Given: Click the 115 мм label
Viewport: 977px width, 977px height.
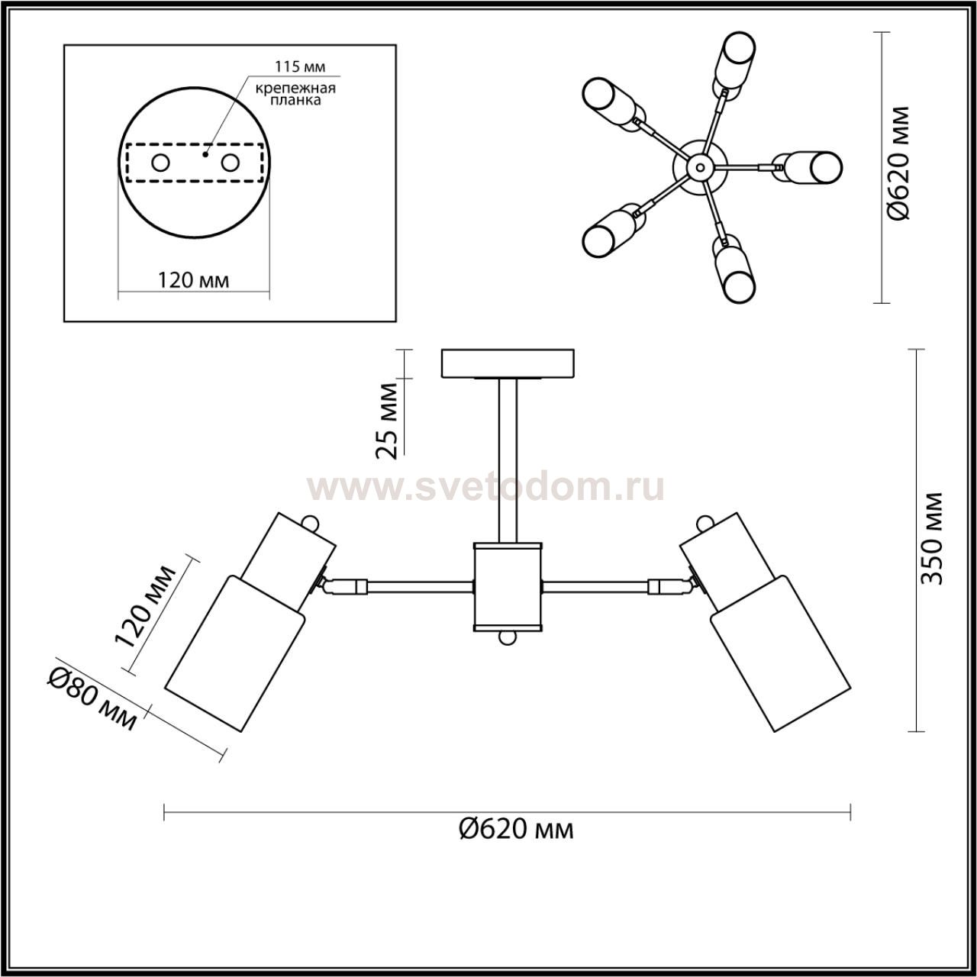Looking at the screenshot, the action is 300,66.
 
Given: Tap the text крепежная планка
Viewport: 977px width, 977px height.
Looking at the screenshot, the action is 295,94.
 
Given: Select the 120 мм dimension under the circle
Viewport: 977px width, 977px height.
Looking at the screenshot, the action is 194,280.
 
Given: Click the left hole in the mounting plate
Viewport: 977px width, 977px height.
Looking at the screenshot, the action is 161,163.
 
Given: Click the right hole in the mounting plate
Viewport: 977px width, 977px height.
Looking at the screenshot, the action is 230,163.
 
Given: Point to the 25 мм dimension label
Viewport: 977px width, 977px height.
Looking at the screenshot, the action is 387,422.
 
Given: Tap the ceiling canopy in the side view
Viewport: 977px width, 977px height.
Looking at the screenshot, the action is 508,363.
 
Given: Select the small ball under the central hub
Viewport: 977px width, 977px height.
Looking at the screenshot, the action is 507,638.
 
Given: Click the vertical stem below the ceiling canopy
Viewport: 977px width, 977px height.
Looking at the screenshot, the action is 508,461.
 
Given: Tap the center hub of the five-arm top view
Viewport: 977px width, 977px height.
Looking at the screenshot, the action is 700,166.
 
